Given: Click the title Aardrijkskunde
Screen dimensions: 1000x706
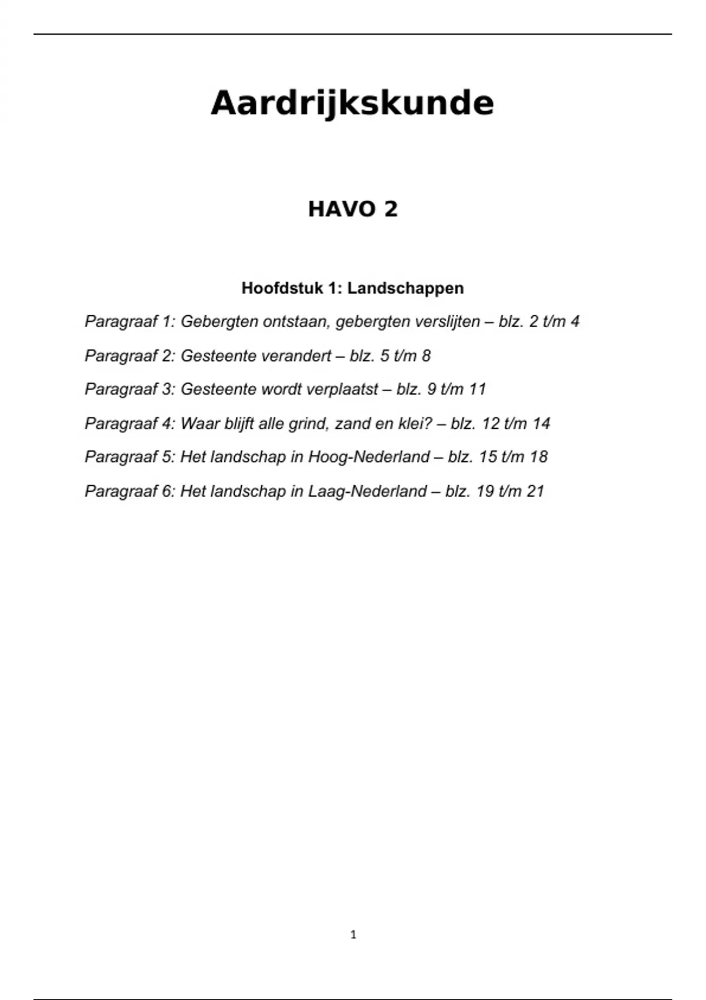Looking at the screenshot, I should click(x=352, y=104).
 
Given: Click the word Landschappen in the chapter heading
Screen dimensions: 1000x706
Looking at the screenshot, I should click(x=405, y=288).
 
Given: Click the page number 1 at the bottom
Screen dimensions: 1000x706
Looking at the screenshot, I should click(x=353, y=935).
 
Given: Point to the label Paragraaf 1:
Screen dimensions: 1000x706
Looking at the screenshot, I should click(x=130, y=322).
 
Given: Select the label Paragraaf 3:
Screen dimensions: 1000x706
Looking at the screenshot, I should click(x=130, y=389).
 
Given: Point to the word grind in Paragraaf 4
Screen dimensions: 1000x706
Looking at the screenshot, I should click(x=307, y=424).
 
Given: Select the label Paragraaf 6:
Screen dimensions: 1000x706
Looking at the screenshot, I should click(x=130, y=491).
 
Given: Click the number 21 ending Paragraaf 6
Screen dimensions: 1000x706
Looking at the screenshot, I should click(x=535, y=491).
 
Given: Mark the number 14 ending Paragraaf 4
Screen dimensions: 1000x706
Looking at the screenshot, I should click(x=541, y=424).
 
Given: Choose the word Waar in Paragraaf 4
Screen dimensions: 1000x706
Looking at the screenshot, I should click(x=197, y=424).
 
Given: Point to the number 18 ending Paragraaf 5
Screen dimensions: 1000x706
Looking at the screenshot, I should click(x=539, y=457).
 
